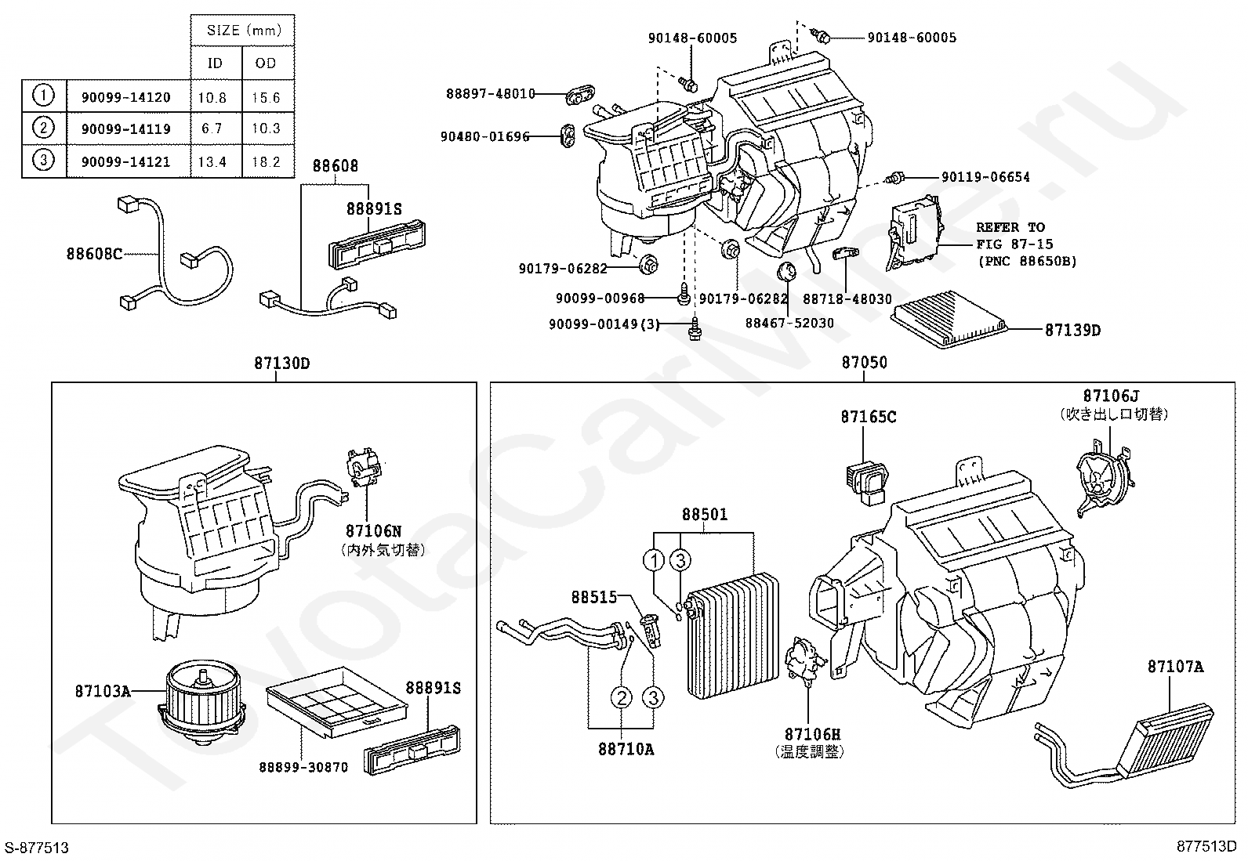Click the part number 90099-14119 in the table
click(126, 129)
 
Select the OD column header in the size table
click(266, 63)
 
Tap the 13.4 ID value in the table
click(212, 162)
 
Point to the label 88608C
click(94, 254)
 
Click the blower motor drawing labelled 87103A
click(201, 702)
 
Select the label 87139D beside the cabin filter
click(1072, 331)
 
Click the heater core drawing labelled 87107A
click(1126, 747)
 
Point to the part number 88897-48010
click(490, 93)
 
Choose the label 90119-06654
click(985, 177)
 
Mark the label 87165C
click(869, 417)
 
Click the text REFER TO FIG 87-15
click(1014, 236)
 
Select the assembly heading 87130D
click(282, 364)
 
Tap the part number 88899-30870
click(303, 768)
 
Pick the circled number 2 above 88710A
click(622, 697)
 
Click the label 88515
click(594, 598)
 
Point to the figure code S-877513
click(37, 848)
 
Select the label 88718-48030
click(847, 299)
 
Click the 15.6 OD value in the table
click(266, 98)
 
